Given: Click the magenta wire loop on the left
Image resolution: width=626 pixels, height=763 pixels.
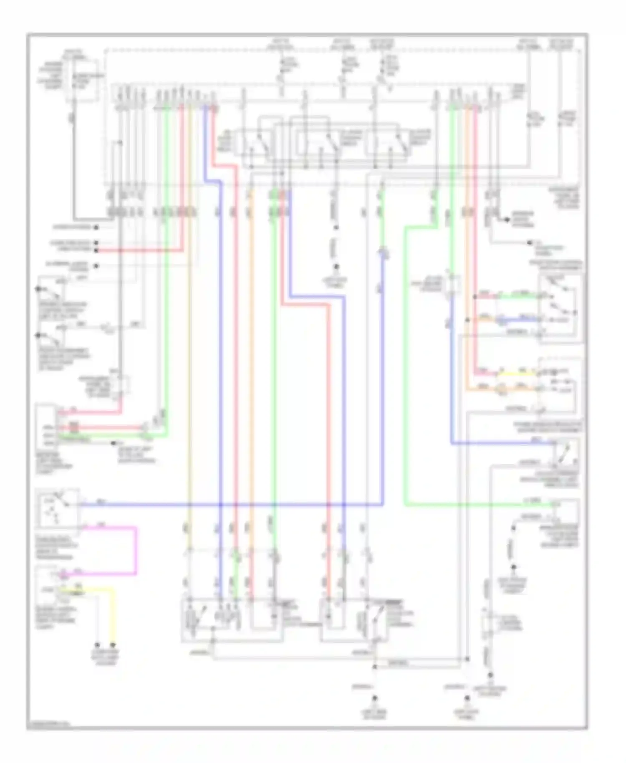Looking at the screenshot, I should pyautogui.click(x=136, y=551).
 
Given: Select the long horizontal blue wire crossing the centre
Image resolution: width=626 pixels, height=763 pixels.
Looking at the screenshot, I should pyautogui.click(x=234, y=505).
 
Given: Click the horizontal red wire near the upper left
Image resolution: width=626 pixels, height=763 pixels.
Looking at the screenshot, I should pyautogui.click(x=138, y=250).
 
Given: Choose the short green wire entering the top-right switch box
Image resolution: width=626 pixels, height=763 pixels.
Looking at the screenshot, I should pyautogui.click(x=520, y=297).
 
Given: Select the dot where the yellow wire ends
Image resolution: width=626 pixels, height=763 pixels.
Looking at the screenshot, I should pyautogui.click(x=113, y=645).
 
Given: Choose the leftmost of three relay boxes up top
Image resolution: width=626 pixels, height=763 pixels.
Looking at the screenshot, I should pyautogui.click(x=255, y=144).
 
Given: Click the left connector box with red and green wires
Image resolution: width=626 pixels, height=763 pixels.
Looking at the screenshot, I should pyautogui.click(x=46, y=428).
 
